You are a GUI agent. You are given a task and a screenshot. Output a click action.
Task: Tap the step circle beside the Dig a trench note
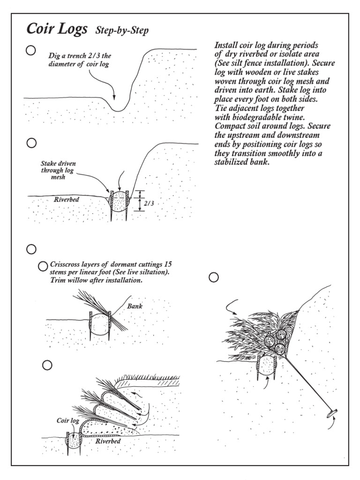pyautogui.click(x=31, y=50)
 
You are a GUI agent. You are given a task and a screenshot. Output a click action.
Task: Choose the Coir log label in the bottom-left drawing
pyautogui.click(x=68, y=421)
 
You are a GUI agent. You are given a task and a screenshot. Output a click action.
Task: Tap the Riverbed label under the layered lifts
pyautogui.click(x=108, y=441)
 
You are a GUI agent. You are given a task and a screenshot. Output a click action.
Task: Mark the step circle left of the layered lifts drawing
pyautogui.click(x=47, y=365)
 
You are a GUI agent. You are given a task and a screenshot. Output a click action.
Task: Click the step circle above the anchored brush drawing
pyautogui.click(x=214, y=277)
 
